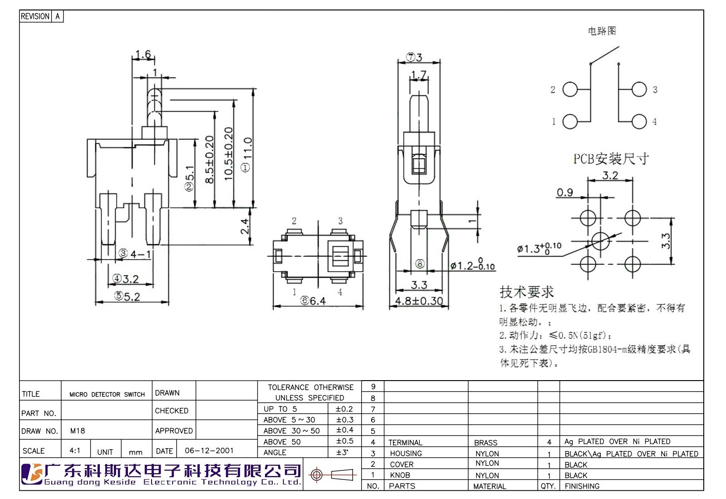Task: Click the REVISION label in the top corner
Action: tap(35, 16)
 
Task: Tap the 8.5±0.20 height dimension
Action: tap(210, 159)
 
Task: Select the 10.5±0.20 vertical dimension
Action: tap(229, 154)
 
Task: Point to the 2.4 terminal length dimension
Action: tap(245, 226)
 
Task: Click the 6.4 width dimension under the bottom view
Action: tap(313, 301)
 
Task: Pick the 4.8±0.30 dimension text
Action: tap(419, 301)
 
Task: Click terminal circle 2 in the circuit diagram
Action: tap(570, 89)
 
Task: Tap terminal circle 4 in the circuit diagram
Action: tap(639, 122)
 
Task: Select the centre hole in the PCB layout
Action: tap(601, 241)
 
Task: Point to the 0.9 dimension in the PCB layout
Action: tap(565, 193)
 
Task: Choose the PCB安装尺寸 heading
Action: tap(611, 159)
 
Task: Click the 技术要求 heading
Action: tap(526, 292)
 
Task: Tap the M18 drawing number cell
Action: tap(78, 431)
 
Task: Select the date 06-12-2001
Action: tap(209, 450)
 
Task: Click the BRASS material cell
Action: tap(486, 443)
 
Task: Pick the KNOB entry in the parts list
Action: tap(400, 475)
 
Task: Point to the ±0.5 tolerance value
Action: tap(344, 441)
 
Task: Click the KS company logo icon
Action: tap(32, 474)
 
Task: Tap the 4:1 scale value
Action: tap(75, 450)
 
